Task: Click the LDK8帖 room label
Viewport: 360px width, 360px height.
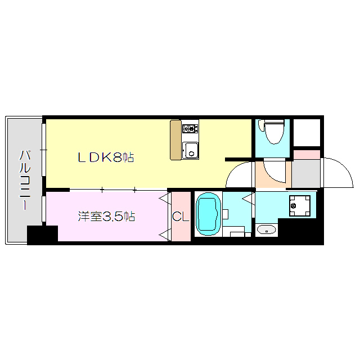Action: (106, 158)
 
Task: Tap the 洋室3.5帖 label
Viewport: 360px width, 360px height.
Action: (107, 217)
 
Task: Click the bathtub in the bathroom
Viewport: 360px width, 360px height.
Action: (208, 214)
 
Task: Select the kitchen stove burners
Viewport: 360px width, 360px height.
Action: (190, 128)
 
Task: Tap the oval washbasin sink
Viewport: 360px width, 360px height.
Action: (266, 229)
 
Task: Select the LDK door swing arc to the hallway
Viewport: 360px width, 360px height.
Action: (240, 175)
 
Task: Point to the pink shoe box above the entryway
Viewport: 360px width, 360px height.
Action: (306, 154)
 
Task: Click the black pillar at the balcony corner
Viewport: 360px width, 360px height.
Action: (42, 235)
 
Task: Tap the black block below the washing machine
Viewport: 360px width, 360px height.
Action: (300, 231)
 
